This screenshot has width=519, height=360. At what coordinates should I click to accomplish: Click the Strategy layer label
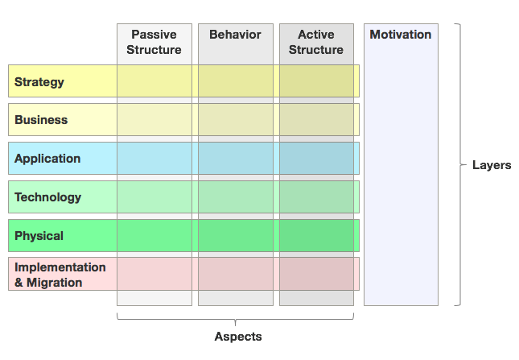point(39,82)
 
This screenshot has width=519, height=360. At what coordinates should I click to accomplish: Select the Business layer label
point(41,120)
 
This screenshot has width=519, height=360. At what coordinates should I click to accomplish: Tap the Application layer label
point(47,159)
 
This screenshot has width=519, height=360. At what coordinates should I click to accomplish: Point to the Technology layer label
point(47,197)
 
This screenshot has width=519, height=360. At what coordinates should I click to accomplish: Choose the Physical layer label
point(39,236)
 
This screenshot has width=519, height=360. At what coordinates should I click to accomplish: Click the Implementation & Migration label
point(60,275)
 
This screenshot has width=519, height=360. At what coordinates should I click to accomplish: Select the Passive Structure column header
point(154,43)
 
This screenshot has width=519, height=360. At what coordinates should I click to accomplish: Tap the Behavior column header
point(235,35)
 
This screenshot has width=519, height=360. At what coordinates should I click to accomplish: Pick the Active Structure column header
point(316,43)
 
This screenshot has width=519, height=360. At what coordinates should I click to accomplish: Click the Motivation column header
point(401,35)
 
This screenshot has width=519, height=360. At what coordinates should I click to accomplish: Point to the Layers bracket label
point(491,165)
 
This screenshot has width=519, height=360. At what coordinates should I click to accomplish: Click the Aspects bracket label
point(237,337)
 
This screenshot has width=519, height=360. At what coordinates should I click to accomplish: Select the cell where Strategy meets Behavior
point(236,81)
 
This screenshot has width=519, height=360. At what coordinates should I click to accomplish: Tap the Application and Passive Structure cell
point(154,159)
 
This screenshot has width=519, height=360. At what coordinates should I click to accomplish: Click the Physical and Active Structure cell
point(316,236)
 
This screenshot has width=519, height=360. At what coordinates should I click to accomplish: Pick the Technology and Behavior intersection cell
point(236,197)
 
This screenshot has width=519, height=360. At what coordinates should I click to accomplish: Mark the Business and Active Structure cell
point(316,120)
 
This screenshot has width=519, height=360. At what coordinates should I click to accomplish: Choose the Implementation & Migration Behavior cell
point(236,274)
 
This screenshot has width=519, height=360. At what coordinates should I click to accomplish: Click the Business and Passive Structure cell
point(154,120)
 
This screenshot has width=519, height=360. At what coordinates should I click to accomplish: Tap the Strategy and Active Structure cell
point(316,81)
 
